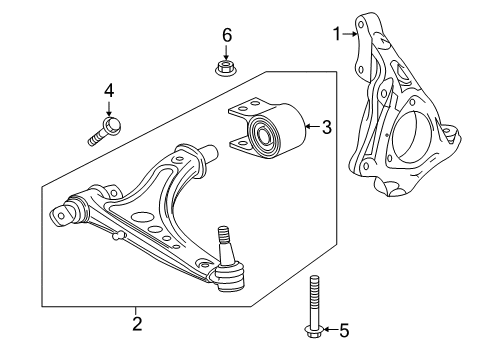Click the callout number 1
coord(337,35)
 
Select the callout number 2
coord(137,322)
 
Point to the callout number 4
coord(109,93)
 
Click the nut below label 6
coord(226,68)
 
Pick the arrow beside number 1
coord(351,35)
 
